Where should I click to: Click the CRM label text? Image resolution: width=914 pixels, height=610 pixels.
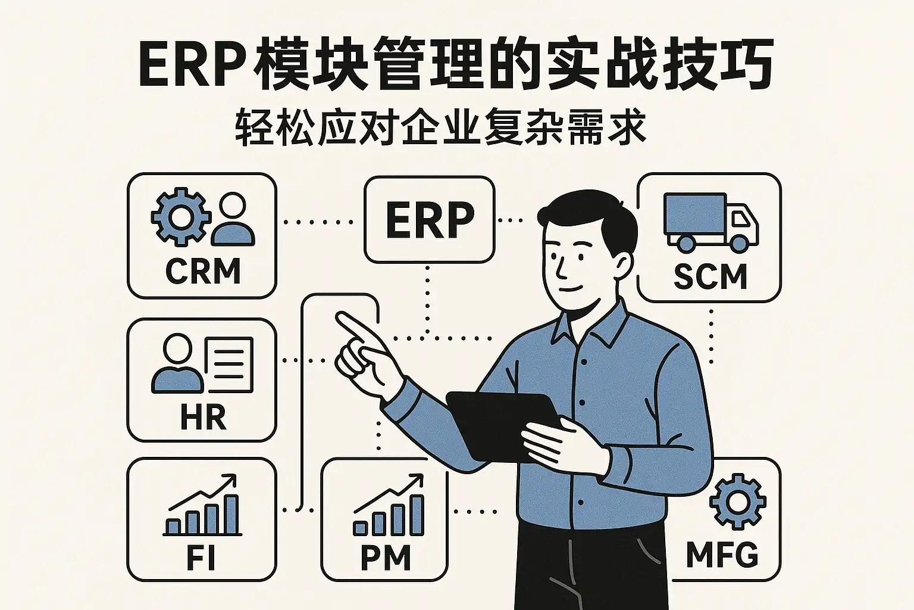pyautogui.click(x=202, y=272)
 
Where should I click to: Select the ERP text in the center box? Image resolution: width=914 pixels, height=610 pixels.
pyautogui.click(x=430, y=220)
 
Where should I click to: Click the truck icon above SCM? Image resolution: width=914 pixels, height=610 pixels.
pyautogui.click(x=710, y=221)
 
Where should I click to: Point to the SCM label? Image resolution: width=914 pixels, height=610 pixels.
pyautogui.click(x=710, y=276)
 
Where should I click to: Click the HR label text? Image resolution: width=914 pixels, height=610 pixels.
pyautogui.click(x=203, y=418)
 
